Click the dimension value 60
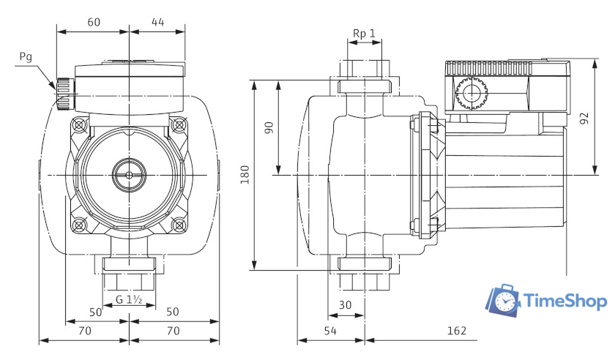pyautogui.click(x=93, y=22)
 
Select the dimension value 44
pyautogui.click(x=157, y=22)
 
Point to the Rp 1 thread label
pyautogui.click(x=364, y=34)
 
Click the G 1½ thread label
pyautogui.click(x=129, y=300)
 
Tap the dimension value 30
pyautogui.click(x=346, y=304)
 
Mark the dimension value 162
pyautogui.click(x=456, y=331)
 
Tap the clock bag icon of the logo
pyautogui.click(x=504, y=300)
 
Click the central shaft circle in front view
pyautogui.click(x=129, y=175)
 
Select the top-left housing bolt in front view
pyautogui.click(x=79, y=125)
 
